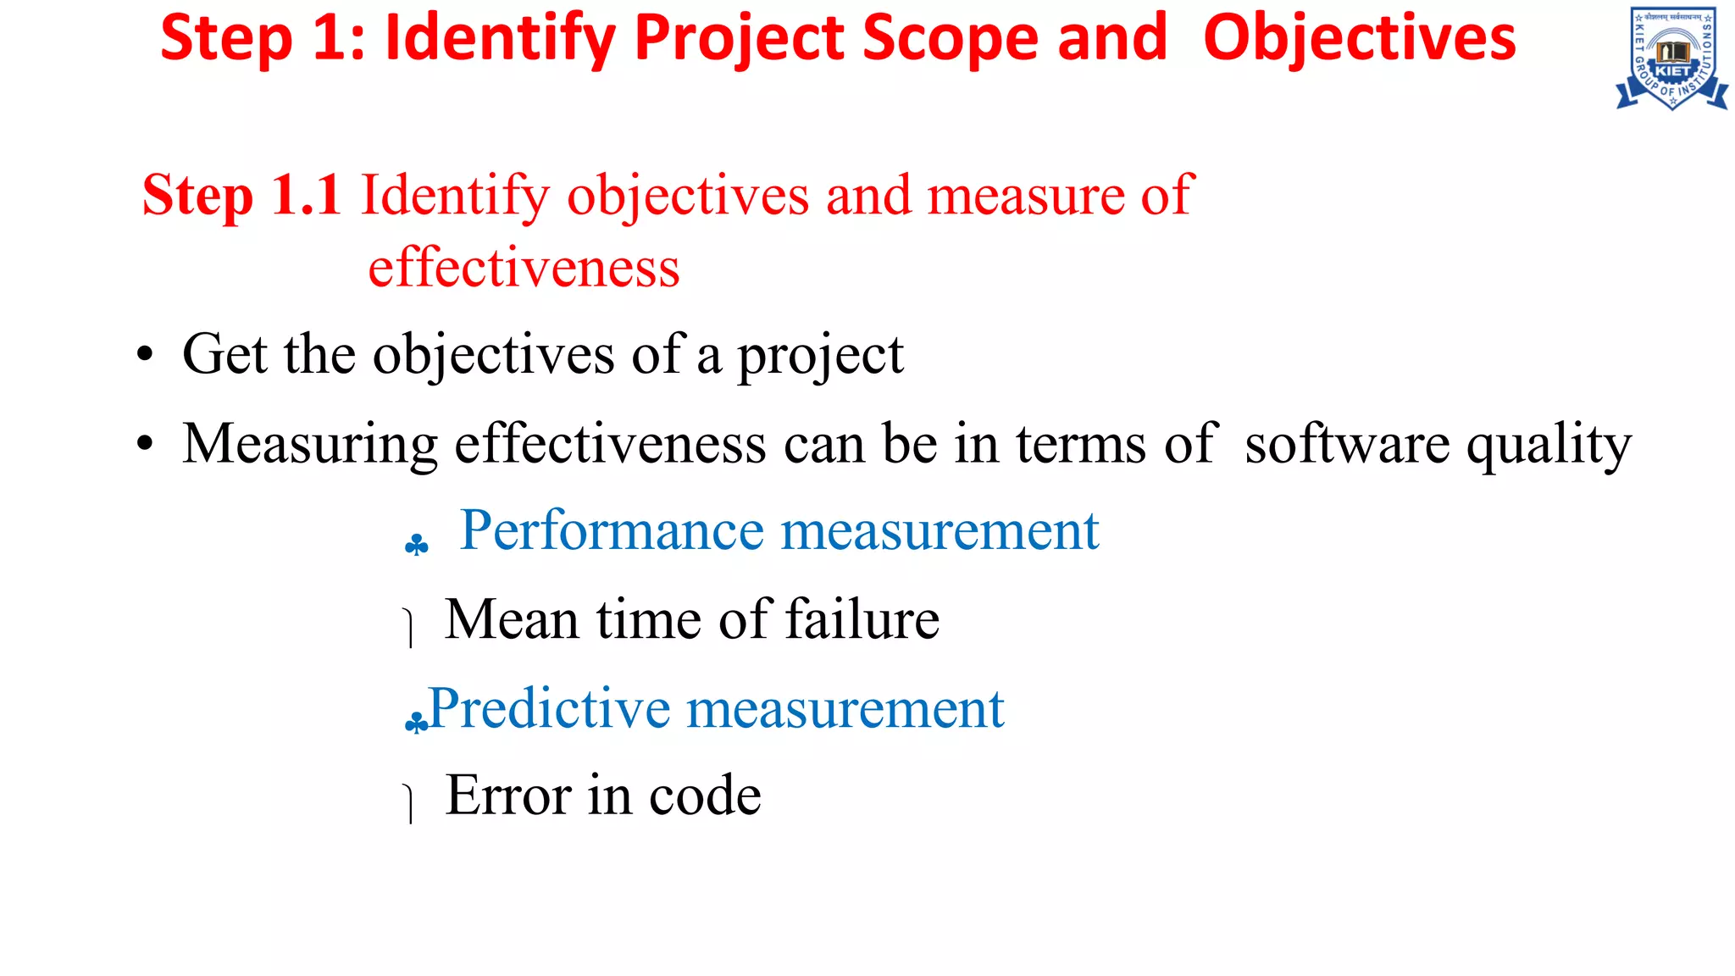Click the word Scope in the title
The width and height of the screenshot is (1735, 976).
[x=950, y=38]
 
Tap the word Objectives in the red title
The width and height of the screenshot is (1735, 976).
[x=1359, y=38]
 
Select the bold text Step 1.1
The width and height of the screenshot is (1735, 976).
[x=241, y=195]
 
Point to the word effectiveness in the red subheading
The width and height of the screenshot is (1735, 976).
[x=524, y=268]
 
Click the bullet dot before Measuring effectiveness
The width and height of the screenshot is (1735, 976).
[x=146, y=444]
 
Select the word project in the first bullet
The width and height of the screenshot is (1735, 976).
[x=820, y=356]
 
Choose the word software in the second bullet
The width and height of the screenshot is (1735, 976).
[x=1347, y=444]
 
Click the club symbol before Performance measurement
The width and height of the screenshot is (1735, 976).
[x=416, y=545]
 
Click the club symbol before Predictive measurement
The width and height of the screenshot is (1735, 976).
[x=415, y=722]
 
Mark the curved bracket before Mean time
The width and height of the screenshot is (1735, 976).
[x=409, y=628]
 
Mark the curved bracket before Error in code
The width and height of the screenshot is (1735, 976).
[x=409, y=803]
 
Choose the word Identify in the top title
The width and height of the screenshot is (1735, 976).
[x=500, y=38]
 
